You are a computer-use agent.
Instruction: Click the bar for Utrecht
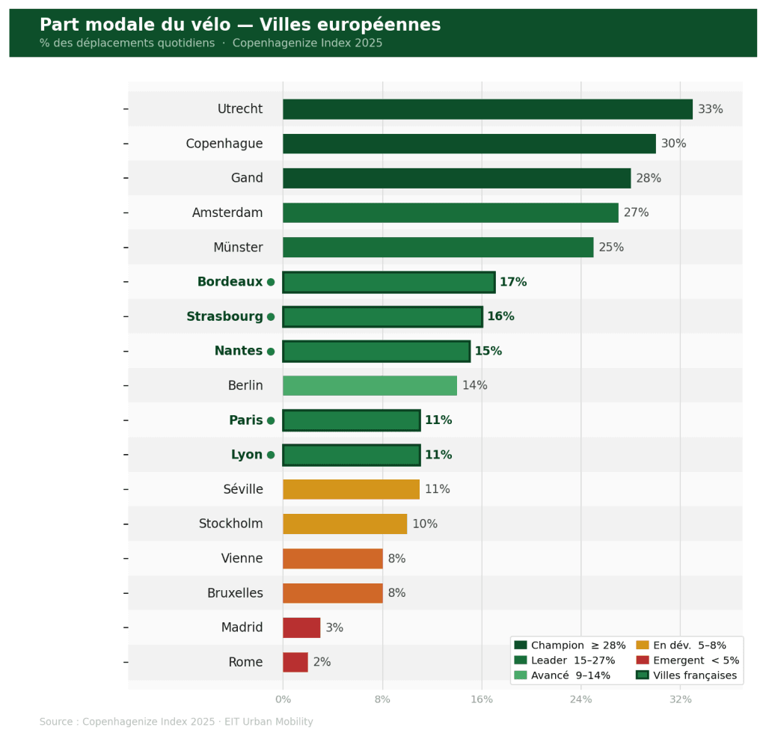coord(487,109)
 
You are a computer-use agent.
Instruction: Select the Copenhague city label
coord(224,144)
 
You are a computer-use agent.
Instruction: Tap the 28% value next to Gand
coord(649,178)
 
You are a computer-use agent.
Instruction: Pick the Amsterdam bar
coord(450,212)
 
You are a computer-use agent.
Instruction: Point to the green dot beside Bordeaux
coord(271,282)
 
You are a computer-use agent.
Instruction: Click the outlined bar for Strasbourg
coord(382,316)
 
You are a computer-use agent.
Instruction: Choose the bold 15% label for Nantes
coord(488,351)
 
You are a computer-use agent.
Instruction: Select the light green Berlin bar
coord(370,385)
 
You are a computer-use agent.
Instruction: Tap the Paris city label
coord(245,420)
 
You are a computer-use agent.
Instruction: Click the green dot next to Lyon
coord(271,455)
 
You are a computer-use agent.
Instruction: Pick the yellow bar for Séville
coord(351,489)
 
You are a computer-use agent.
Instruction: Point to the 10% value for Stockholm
coord(424,524)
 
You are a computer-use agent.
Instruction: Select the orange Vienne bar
coord(332,559)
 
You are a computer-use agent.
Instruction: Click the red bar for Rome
coord(295,662)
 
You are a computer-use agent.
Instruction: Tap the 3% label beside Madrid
coord(334,628)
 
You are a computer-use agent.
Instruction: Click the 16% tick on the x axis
coord(482,699)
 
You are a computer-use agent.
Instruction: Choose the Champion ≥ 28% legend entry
coord(570,645)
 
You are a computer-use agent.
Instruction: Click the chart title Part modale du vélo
coord(239,25)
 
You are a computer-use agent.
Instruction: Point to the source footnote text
coord(176,722)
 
